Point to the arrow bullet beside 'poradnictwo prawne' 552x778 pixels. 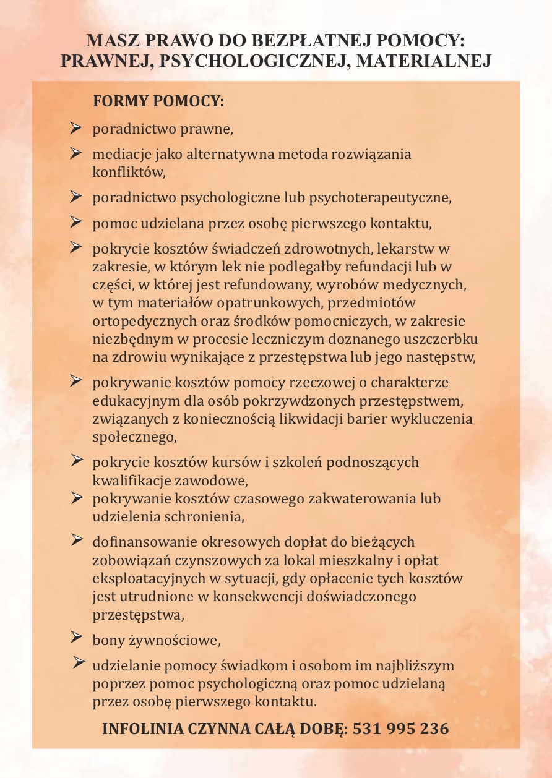[76, 128]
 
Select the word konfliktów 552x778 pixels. [129, 172]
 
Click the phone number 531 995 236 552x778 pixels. [400, 729]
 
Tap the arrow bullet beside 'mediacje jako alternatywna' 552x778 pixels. [76, 152]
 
